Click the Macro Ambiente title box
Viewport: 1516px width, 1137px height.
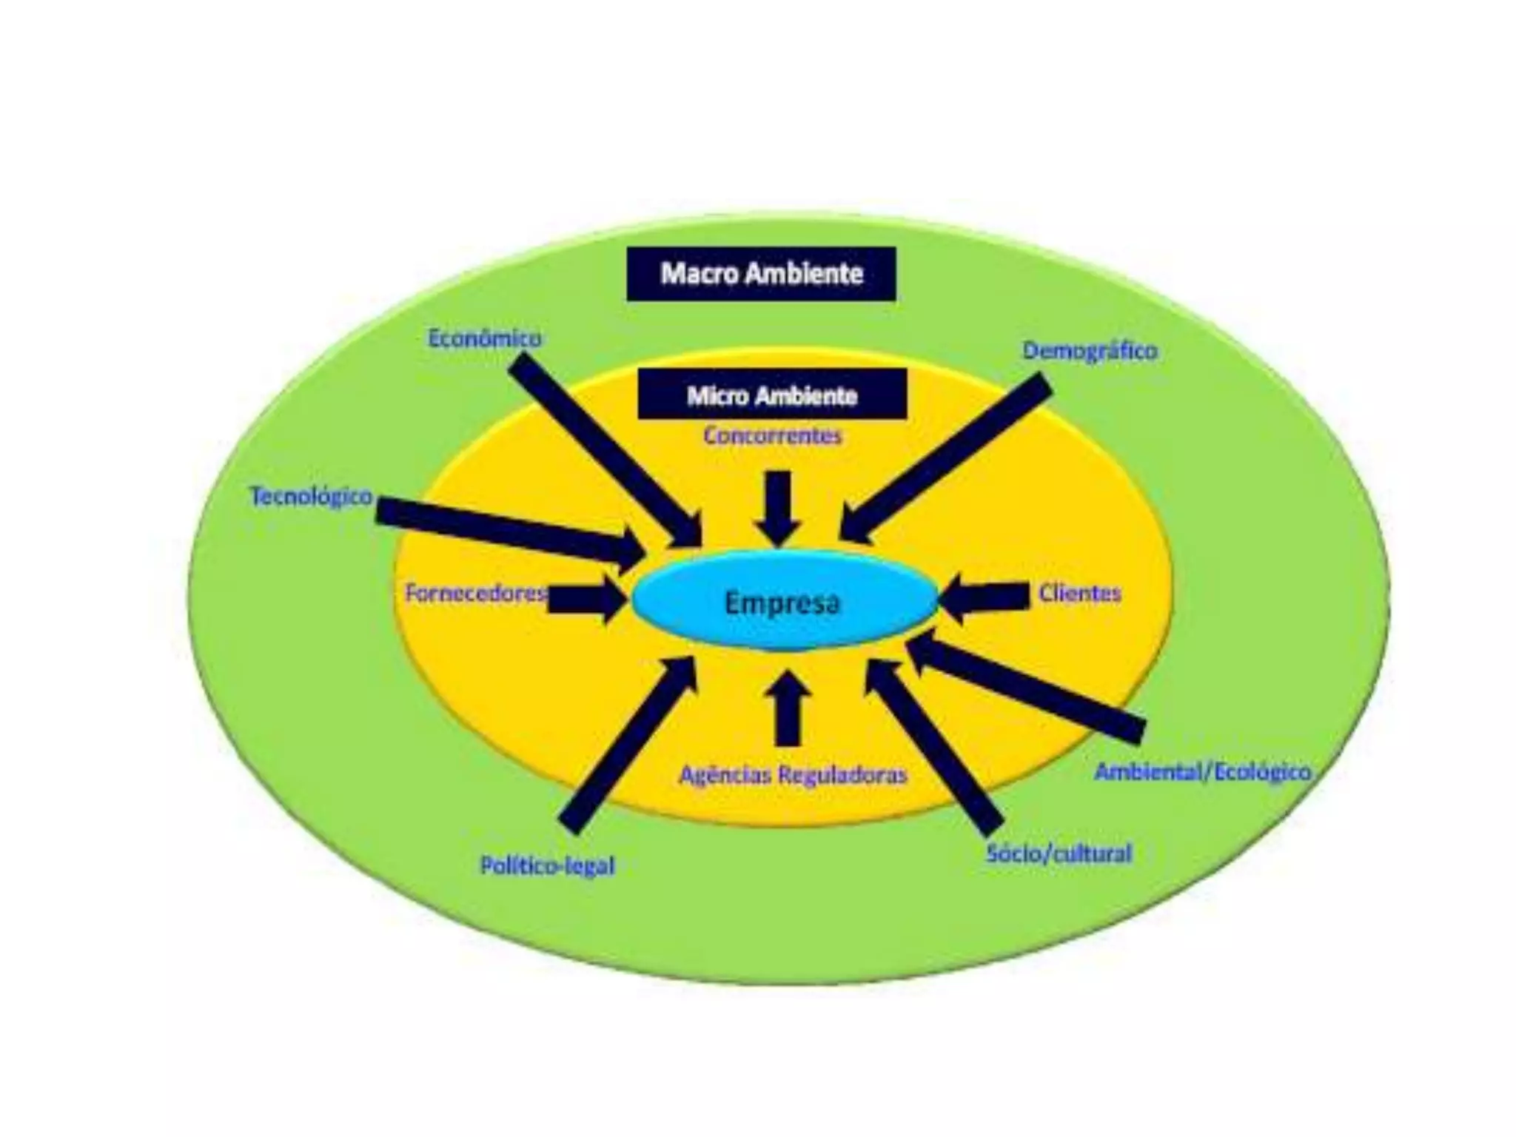click(x=761, y=274)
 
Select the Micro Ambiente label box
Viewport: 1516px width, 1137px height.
click(x=772, y=396)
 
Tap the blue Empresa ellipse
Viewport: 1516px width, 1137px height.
click(x=783, y=603)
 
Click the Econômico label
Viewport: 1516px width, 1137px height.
click(x=485, y=339)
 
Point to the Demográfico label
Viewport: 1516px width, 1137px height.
click(x=1090, y=350)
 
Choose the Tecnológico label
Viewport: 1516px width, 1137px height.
click(x=312, y=496)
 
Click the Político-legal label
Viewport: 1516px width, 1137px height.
click(x=548, y=865)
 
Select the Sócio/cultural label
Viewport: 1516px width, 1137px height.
click(x=1059, y=853)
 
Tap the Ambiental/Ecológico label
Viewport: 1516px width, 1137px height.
click(x=1203, y=772)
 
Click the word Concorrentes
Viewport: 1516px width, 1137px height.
click(x=773, y=436)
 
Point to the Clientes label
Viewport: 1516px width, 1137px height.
click(x=1080, y=593)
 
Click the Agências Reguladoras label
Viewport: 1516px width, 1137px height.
click(x=793, y=775)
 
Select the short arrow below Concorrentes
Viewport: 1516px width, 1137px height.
click(x=778, y=507)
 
